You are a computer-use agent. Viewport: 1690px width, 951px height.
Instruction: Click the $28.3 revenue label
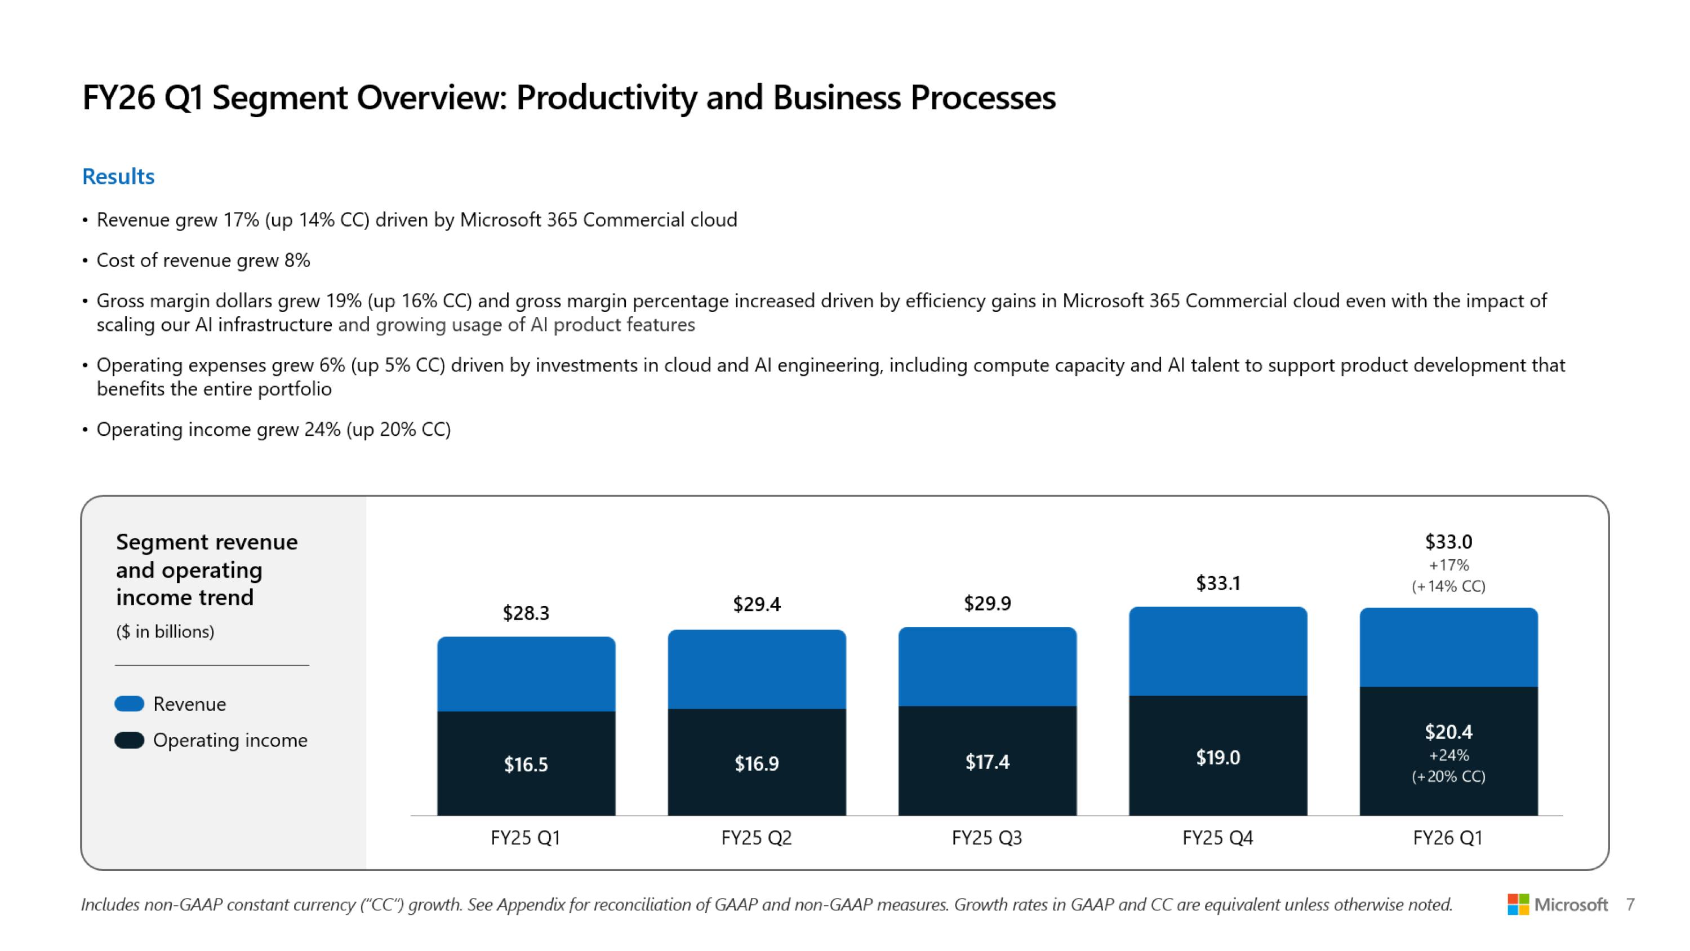(x=526, y=613)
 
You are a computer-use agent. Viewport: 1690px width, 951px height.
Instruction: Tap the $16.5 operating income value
(x=526, y=764)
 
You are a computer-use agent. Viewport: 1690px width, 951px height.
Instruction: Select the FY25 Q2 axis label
(x=757, y=838)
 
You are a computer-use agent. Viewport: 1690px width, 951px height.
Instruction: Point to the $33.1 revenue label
(x=1217, y=583)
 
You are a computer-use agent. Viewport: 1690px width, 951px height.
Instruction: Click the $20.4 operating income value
(x=1448, y=731)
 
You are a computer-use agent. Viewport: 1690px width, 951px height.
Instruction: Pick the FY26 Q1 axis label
(x=1448, y=838)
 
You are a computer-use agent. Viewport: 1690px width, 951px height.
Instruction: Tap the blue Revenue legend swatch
(x=129, y=704)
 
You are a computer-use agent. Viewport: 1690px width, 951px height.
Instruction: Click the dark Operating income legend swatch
(x=129, y=740)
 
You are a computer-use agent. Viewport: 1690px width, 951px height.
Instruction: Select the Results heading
(x=118, y=176)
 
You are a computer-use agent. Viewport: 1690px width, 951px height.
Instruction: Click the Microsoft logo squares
(x=1518, y=904)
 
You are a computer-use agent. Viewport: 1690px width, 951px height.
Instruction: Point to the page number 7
(x=1630, y=904)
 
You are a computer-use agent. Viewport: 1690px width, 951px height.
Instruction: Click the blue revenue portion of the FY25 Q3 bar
(x=988, y=666)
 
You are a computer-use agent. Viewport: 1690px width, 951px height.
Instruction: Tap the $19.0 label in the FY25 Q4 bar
(x=1217, y=758)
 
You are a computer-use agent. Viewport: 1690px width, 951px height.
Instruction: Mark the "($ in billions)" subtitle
(x=165, y=631)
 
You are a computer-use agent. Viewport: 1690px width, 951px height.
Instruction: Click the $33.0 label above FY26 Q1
(x=1448, y=542)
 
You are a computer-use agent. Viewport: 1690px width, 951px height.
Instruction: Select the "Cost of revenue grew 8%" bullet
(x=203, y=260)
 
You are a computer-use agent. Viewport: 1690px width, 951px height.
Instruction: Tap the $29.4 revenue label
(x=757, y=604)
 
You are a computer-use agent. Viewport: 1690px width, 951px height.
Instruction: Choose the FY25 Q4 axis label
(x=1217, y=838)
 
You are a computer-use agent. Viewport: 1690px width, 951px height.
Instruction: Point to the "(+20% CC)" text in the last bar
(x=1448, y=776)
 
